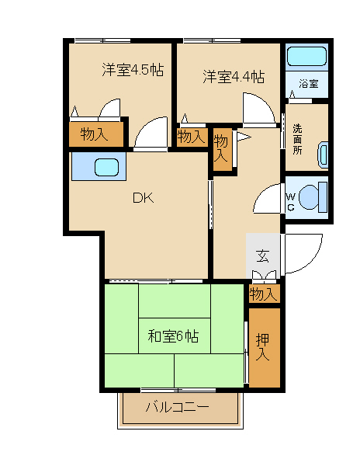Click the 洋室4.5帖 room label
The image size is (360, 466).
pos(133,70)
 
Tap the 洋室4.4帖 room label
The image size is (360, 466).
pos(234,77)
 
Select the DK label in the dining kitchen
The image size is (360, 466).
pos(144,197)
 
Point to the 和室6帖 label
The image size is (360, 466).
pos(173,336)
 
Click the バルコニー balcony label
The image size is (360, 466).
pos(178,406)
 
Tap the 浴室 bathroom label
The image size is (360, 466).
pos(308,84)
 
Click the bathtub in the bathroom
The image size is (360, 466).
pos(307,56)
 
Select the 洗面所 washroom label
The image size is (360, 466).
pos(297,139)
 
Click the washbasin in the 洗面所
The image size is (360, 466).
pos(323,155)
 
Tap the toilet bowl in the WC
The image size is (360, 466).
pos(313,196)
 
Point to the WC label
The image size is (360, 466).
pos(291,202)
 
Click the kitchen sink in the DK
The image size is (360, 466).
pos(106,167)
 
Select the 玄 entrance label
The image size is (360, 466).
pos(263,256)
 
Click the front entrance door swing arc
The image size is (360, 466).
pos(314,259)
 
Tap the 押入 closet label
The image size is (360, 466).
pos(263,347)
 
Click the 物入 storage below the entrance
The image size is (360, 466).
pos(264,294)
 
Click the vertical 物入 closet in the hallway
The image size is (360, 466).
pos(222,149)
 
